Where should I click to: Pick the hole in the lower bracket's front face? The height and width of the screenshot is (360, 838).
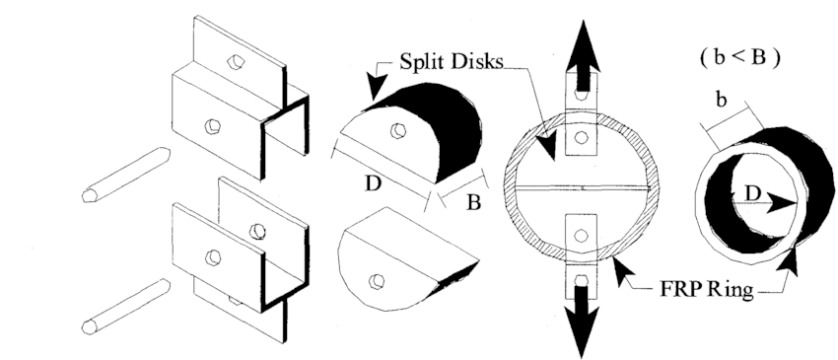(212, 256)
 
